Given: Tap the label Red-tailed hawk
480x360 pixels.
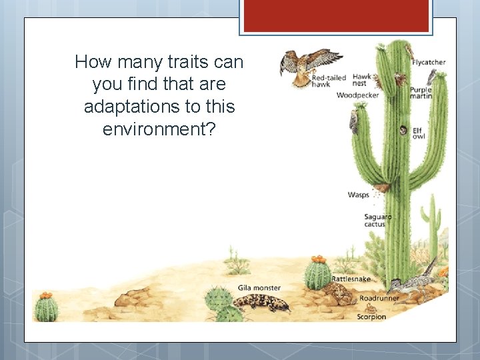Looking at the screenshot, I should (329, 81).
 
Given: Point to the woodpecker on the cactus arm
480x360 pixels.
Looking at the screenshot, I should (354, 121).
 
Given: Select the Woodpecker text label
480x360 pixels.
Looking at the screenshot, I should (357, 95).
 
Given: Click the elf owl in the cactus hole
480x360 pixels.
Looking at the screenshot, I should (403, 131).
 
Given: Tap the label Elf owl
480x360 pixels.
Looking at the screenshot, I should (418, 133).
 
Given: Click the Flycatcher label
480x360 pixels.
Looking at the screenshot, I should (429, 62).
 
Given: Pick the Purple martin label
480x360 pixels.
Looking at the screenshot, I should (421, 93).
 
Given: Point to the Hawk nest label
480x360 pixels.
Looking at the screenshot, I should (362, 80).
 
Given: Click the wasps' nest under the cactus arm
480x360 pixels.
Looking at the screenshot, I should (381, 189).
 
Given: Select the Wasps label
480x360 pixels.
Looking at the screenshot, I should (358, 195).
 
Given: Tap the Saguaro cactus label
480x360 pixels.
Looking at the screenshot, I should (377, 220).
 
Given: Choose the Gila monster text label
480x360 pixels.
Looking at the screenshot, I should (259, 288).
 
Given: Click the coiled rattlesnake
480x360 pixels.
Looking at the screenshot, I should (339, 293).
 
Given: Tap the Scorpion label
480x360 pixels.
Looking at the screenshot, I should (371, 317).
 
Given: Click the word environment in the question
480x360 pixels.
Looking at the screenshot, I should (159, 129).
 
